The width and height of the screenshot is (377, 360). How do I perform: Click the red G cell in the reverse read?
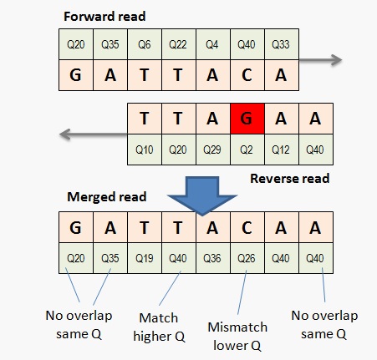[247, 119]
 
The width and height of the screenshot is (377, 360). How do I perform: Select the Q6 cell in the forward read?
[145, 44]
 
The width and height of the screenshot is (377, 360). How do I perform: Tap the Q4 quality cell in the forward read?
[213, 44]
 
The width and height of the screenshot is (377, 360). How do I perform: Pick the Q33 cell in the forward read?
[282, 44]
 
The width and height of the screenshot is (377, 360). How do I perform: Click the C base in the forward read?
[247, 75]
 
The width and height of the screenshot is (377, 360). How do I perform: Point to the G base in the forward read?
[76, 75]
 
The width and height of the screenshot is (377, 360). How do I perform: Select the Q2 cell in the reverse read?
[247, 150]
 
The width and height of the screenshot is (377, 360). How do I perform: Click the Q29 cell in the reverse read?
[213, 150]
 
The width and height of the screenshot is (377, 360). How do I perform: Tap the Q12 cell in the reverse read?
[282, 150]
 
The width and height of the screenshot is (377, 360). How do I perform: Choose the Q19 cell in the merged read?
[145, 258]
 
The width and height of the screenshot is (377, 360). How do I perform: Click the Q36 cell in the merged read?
[213, 258]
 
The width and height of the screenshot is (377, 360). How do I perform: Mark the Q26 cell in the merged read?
[247, 258]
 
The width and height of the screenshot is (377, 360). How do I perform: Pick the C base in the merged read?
[247, 227]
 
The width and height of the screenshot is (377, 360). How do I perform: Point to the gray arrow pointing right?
[320, 60]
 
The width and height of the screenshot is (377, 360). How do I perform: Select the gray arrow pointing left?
[94, 134]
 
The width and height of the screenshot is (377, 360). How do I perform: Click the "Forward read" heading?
[104, 17]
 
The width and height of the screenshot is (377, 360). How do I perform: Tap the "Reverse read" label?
[290, 179]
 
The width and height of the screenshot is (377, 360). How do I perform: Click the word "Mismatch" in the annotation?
[237, 327]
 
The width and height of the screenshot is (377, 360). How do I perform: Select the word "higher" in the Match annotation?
[152, 337]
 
